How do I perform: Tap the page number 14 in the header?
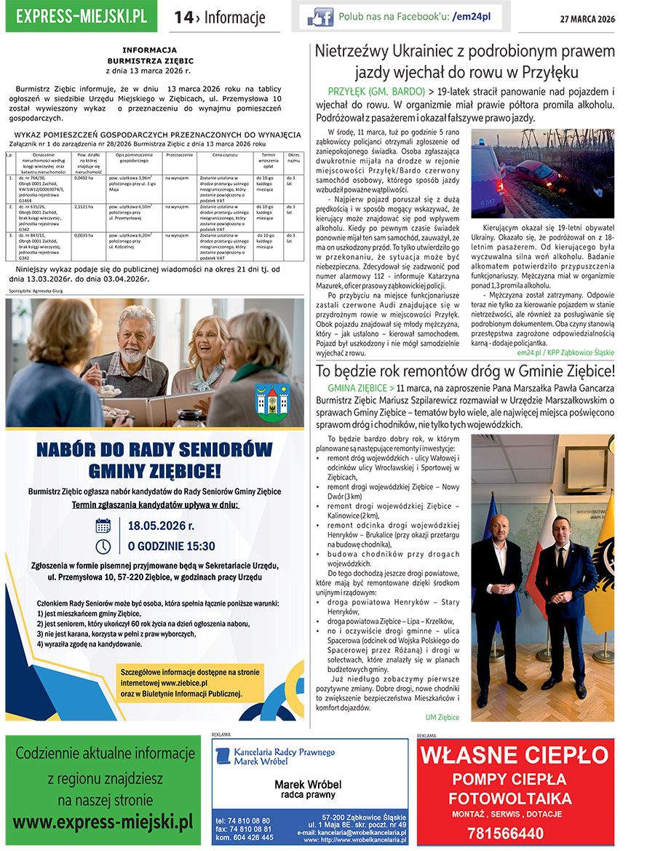pos(183,17)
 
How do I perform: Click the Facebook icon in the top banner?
pos(319,17)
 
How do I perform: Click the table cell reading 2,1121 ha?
pos(84,207)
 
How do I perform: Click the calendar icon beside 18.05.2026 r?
pos(103,526)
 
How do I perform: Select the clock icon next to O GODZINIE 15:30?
pos(103,546)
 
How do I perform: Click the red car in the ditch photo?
pos(536,177)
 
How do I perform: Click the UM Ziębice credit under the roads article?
pos(442,717)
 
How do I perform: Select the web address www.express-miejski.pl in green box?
pos(103,823)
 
